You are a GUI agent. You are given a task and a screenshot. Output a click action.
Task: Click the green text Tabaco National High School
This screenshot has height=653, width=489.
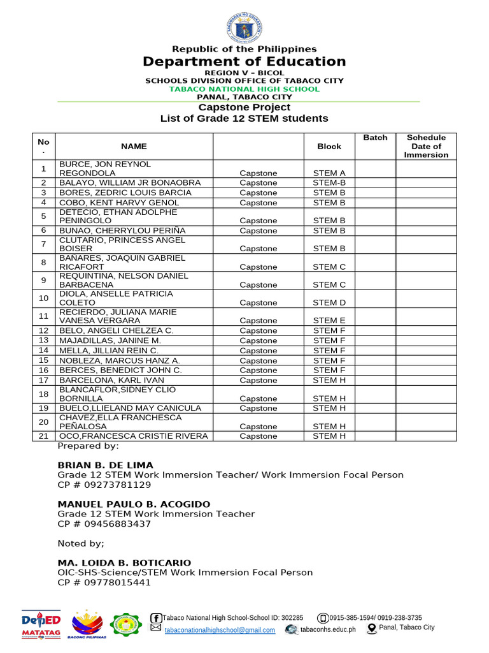tap(244, 89)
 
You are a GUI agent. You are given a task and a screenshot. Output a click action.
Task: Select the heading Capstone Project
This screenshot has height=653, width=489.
tap(244, 107)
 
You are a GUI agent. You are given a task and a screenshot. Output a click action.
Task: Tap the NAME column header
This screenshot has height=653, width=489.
tap(134, 146)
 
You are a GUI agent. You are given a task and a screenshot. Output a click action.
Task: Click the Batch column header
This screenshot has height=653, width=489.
tap(375, 138)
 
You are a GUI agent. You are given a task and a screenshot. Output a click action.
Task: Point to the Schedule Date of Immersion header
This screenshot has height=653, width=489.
tap(426, 146)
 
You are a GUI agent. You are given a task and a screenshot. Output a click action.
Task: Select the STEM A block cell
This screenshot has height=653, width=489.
tap(329, 173)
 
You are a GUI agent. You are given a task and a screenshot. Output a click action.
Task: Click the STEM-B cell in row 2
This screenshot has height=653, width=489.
tap(329, 183)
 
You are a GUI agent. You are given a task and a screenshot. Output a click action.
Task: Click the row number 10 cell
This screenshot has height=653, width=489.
tap(43, 298)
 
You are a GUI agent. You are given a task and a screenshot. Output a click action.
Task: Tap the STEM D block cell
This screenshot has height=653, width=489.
tap(329, 302)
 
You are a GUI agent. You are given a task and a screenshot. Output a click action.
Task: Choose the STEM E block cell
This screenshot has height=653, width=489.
tap(329, 321)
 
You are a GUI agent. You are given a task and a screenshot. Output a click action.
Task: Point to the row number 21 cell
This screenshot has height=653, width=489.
tap(43, 436)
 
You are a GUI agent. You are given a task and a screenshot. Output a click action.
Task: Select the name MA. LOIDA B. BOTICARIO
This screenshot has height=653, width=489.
tap(124, 562)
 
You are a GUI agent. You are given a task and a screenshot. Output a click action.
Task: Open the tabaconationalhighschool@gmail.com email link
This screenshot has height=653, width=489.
tap(220, 630)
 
